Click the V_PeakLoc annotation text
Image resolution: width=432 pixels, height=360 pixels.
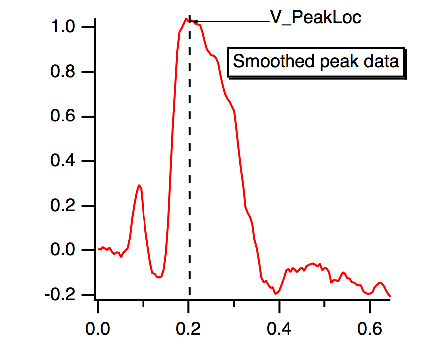point(315,18)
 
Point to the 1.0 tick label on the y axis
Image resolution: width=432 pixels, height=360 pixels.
point(64,27)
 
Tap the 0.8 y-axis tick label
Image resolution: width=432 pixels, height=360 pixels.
point(64,72)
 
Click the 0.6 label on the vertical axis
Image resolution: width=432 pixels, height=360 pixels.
point(64,117)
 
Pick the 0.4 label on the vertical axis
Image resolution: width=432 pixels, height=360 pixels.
point(64,161)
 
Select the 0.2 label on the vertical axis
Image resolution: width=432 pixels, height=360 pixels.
point(64,206)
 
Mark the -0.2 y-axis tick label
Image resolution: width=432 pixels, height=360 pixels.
point(61,295)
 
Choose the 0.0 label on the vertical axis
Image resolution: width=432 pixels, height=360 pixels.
point(64,250)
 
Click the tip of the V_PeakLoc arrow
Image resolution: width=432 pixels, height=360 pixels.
point(192,21)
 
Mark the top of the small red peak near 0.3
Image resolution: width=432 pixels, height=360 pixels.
point(140,186)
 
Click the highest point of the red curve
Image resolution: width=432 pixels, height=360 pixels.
point(186,19)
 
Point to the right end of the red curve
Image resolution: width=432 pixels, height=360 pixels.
point(390,296)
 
